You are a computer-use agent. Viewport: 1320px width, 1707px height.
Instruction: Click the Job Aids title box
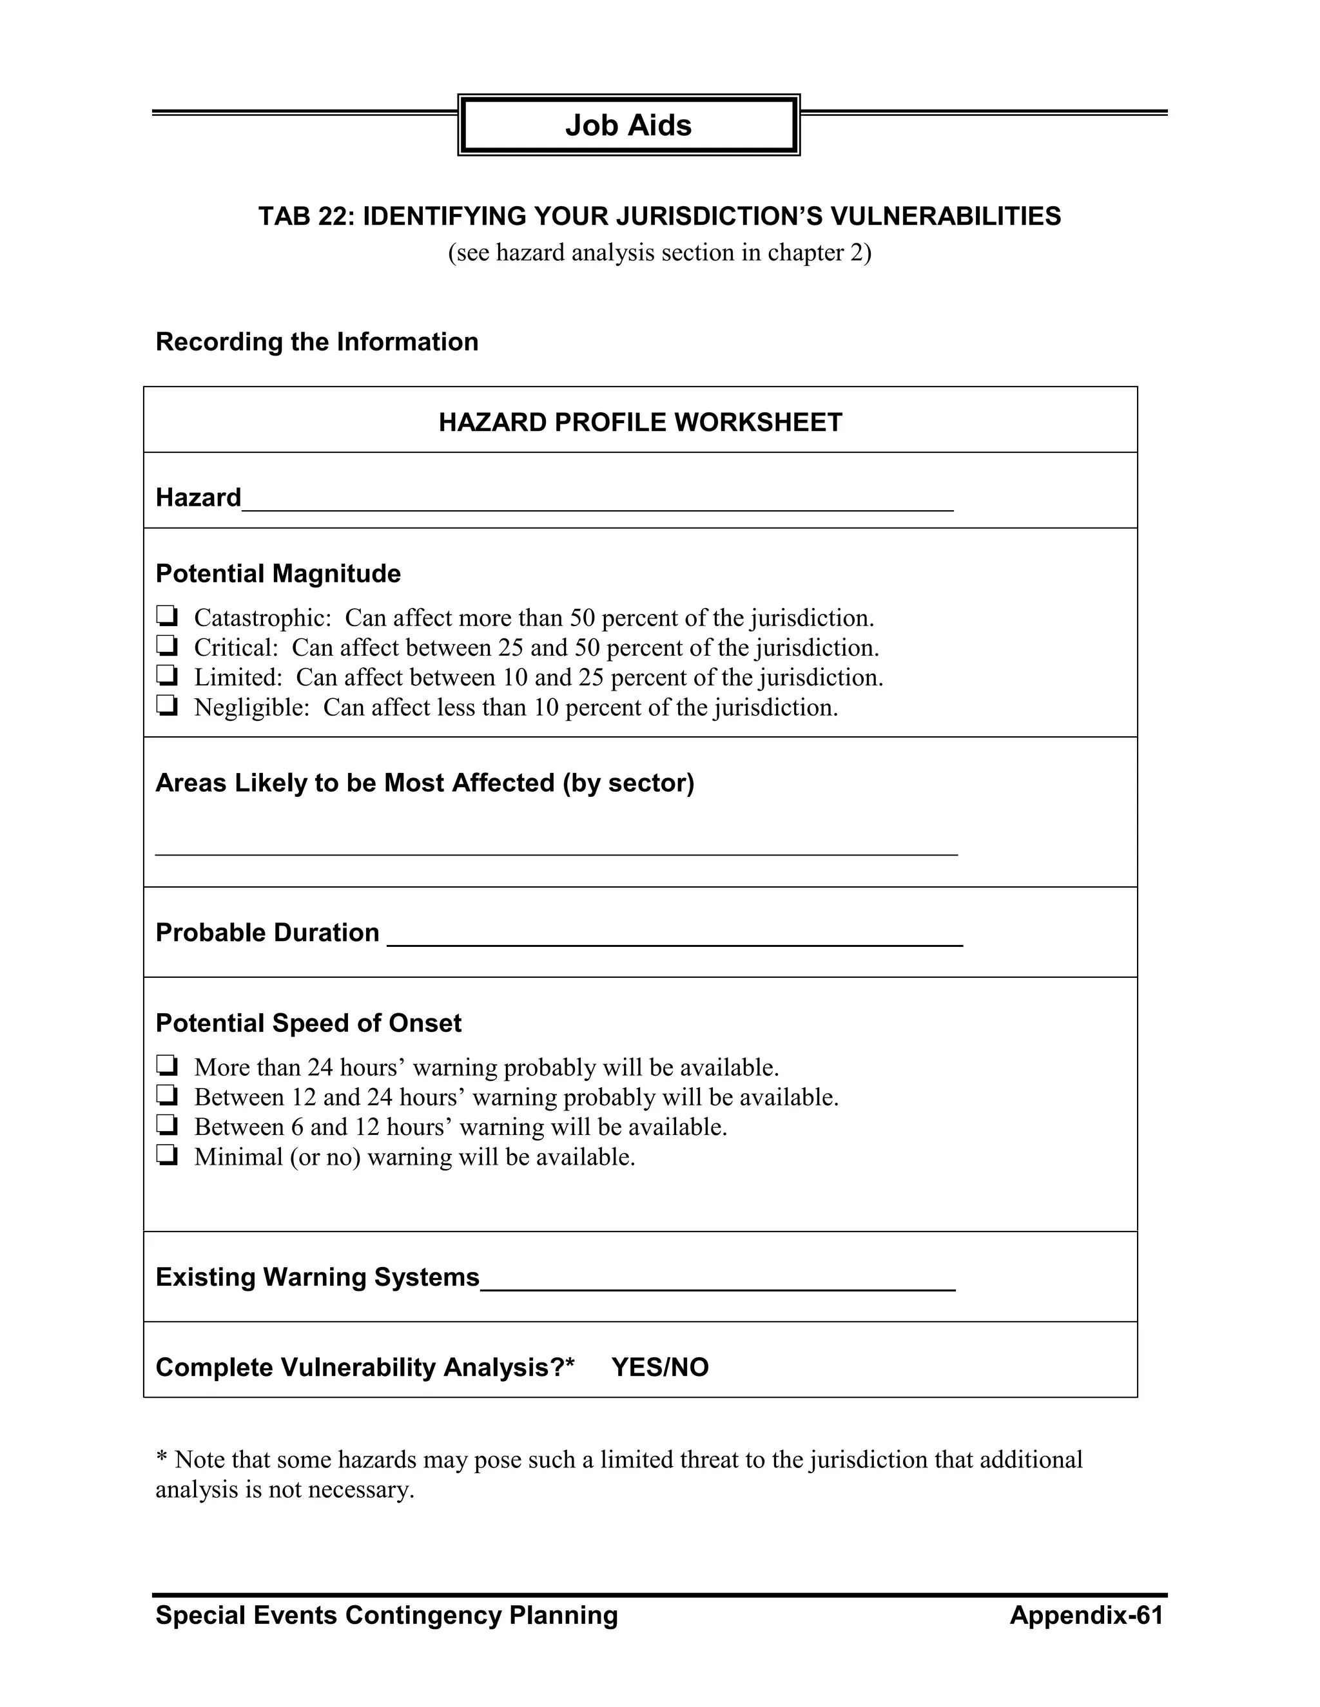(x=628, y=125)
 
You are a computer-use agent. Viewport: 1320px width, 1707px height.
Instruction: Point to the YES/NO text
(x=660, y=1368)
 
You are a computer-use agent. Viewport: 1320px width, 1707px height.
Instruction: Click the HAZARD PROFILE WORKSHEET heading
(x=639, y=423)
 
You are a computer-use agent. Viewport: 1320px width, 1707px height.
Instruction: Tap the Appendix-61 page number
(x=1086, y=1616)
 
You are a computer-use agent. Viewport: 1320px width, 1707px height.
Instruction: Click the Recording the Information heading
(x=316, y=342)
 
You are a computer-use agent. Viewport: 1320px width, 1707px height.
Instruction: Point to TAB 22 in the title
(x=306, y=216)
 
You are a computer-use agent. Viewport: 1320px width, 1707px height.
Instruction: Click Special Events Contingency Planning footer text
(x=386, y=1616)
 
